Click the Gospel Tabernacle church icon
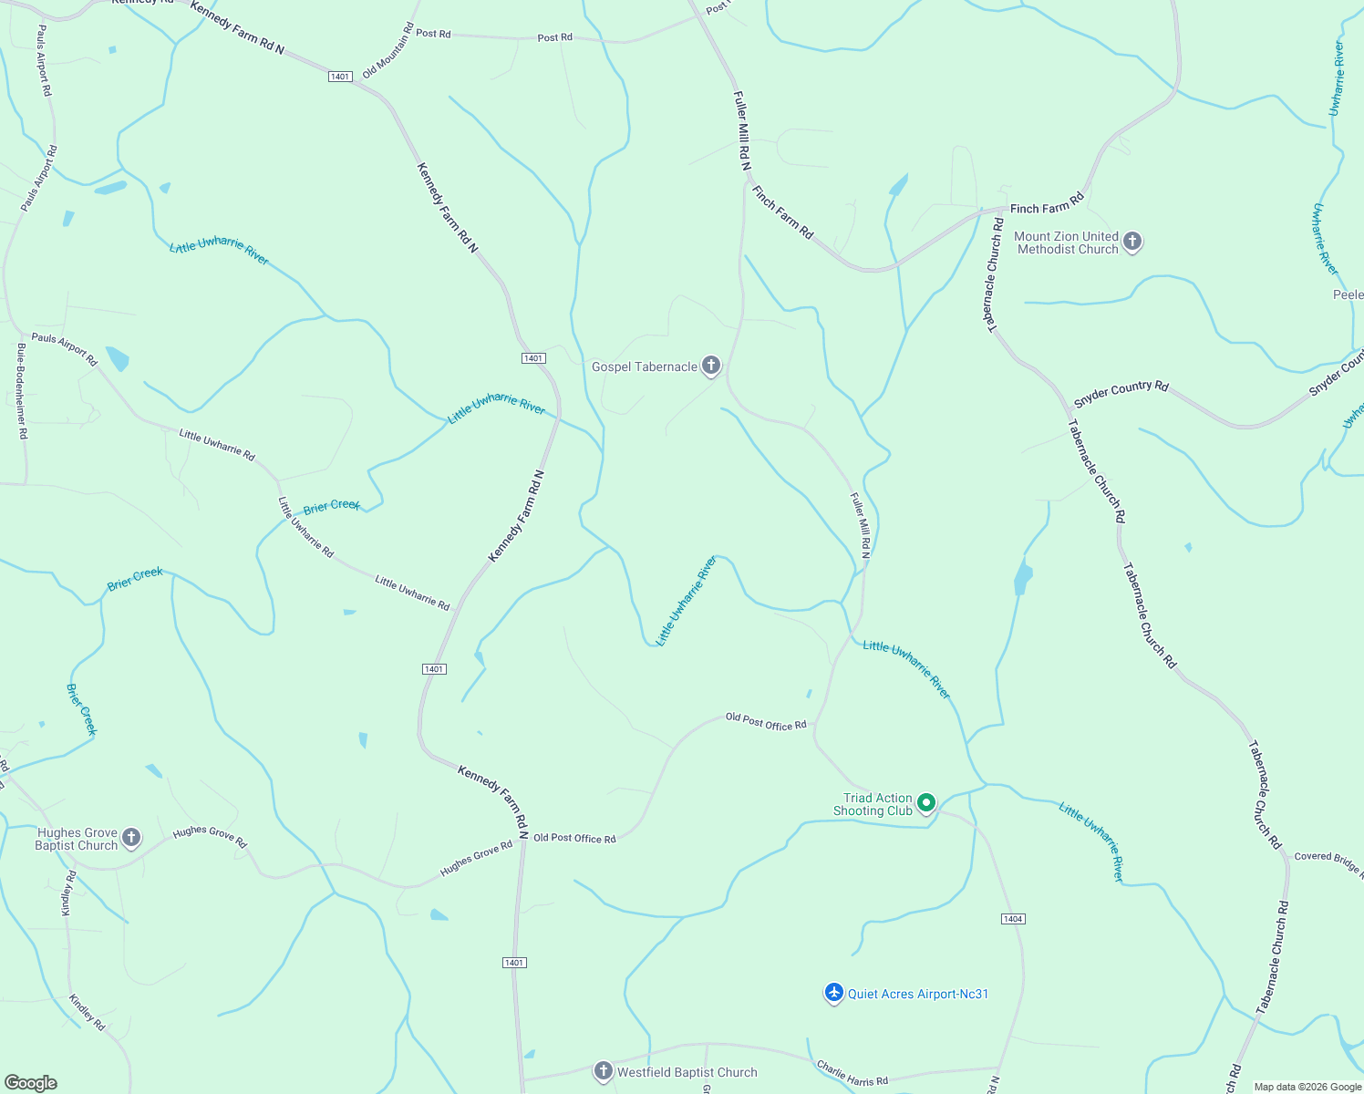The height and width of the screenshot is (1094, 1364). click(x=711, y=366)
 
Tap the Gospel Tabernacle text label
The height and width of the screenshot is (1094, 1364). click(x=644, y=366)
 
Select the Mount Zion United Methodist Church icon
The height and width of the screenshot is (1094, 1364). click(x=1131, y=242)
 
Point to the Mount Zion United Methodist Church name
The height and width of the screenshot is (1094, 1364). click(x=1066, y=243)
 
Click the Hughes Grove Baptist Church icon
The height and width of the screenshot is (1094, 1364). click(x=131, y=838)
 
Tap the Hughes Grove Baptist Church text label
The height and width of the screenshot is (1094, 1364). click(x=77, y=839)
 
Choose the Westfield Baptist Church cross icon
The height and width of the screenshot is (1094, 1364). click(x=603, y=1071)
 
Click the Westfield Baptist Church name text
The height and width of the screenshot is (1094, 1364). click(x=687, y=1072)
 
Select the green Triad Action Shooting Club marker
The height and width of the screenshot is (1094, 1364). click(x=926, y=803)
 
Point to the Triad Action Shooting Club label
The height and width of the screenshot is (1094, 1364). click(x=873, y=804)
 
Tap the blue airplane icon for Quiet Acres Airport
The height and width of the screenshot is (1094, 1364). click(x=833, y=993)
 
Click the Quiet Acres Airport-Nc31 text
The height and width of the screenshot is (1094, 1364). click(x=918, y=994)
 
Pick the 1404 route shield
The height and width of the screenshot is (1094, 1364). click(x=1013, y=918)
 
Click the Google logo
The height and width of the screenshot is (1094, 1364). click(x=31, y=1083)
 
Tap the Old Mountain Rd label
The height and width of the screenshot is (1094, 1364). click(x=387, y=51)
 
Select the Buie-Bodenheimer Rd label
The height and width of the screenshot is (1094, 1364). click(x=22, y=391)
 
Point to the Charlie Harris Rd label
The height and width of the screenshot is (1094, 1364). click(x=852, y=1073)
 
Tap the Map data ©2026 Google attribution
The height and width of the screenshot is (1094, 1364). click(x=1307, y=1087)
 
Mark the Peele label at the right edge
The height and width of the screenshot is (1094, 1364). click(x=1348, y=294)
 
